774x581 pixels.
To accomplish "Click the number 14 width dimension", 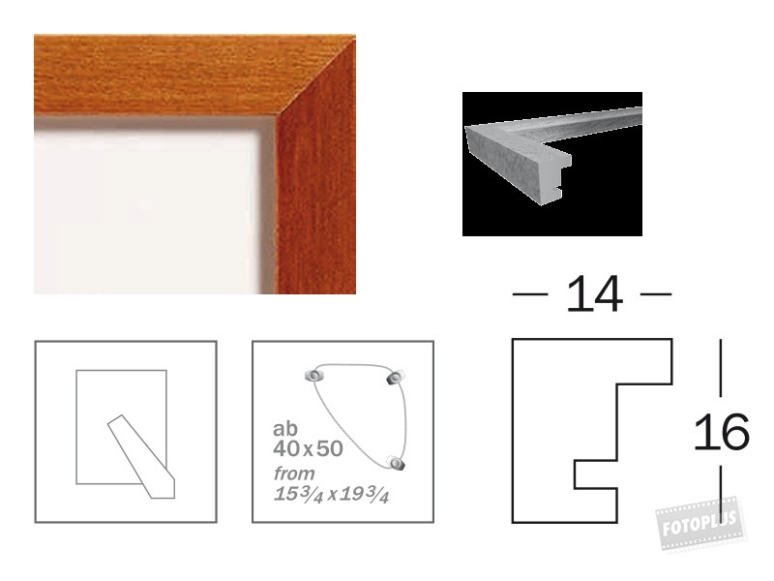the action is pos(594,294).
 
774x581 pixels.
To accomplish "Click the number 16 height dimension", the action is pos(722,432).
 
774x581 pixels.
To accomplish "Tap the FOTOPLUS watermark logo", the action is pos(700,524).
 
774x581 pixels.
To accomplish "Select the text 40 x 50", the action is pos(308,448).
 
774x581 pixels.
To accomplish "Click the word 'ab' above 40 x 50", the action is pos(285,428).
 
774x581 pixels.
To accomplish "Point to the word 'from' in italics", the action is pos(294,474).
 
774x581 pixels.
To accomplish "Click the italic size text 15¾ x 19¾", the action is pos(331,494).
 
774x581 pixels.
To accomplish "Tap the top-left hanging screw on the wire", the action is pos(313,376).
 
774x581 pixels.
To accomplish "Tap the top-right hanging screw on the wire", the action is pos(396,378).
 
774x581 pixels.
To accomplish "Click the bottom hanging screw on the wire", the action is pos(396,463).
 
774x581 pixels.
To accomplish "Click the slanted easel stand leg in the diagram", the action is pos(141,456).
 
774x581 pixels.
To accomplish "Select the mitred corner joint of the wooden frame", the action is pos(316,76).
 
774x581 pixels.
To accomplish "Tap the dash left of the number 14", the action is pos(530,294).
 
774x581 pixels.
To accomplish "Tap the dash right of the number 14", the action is pos(656,294).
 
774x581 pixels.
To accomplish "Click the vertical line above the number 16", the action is pos(721,368).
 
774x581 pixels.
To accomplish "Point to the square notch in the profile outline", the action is pos(596,474).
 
